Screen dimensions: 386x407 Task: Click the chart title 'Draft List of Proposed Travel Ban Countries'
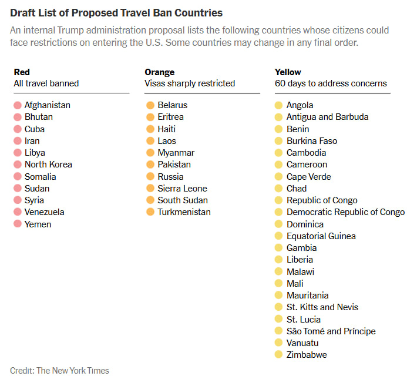click(x=116, y=12)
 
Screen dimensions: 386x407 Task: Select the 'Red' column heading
click(x=22, y=72)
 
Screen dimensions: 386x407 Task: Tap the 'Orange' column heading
click(x=160, y=72)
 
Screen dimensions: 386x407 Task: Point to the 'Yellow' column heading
click(x=288, y=72)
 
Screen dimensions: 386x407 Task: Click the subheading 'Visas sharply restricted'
click(x=190, y=83)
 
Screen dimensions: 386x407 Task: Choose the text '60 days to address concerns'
click(x=331, y=83)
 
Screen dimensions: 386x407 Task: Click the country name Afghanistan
click(x=47, y=105)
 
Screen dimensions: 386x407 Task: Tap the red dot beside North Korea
click(x=17, y=165)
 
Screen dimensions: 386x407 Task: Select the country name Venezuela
click(x=44, y=212)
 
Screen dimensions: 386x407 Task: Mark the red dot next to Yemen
click(x=17, y=224)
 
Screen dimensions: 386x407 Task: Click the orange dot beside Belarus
click(x=150, y=105)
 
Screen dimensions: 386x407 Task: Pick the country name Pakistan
click(x=174, y=165)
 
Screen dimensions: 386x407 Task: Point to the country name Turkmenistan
click(x=184, y=212)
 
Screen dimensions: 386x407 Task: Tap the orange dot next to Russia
click(x=150, y=176)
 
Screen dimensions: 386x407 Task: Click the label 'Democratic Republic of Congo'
click(x=345, y=212)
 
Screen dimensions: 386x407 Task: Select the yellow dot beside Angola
click(x=279, y=105)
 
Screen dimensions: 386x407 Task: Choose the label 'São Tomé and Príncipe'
click(x=331, y=331)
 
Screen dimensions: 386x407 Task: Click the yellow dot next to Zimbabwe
click(x=279, y=355)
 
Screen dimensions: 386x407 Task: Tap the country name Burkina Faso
click(x=312, y=141)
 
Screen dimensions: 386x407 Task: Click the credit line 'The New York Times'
click(x=73, y=371)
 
